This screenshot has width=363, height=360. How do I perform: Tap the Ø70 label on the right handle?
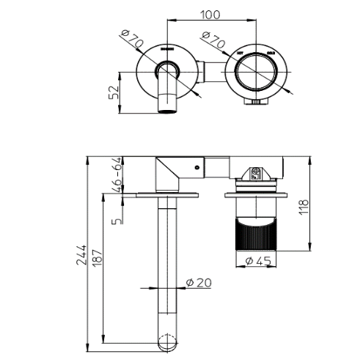[213, 43]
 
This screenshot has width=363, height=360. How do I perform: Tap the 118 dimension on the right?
[325, 207]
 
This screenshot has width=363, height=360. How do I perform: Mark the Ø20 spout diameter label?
[197, 282]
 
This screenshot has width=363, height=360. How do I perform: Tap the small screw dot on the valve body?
[199, 168]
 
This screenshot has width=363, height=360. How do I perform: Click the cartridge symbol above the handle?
[256, 173]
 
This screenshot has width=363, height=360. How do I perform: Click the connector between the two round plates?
[208, 73]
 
